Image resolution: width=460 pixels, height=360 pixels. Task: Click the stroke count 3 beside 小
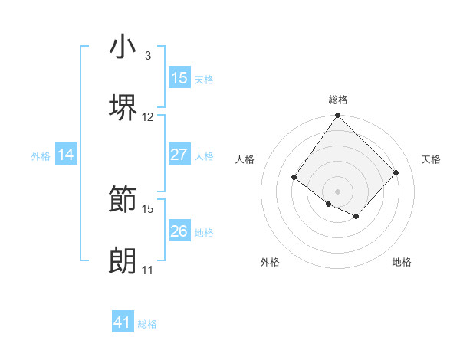pyautogui.click(x=148, y=56)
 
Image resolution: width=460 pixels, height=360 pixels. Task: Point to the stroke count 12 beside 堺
pyautogui.click(x=148, y=117)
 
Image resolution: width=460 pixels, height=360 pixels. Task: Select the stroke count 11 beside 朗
pyautogui.click(x=148, y=270)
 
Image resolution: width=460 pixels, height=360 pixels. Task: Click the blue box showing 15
pyautogui.click(x=179, y=78)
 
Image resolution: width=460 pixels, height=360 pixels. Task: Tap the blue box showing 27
pyautogui.click(x=179, y=155)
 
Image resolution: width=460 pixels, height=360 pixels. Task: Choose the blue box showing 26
pyautogui.click(x=179, y=231)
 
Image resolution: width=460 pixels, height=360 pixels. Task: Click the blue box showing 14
pyautogui.click(x=66, y=155)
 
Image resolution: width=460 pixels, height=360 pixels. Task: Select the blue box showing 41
pyautogui.click(x=123, y=323)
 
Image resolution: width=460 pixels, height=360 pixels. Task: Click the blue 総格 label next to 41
pyautogui.click(x=147, y=325)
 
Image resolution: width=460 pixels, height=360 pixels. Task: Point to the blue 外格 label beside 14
pyautogui.click(x=41, y=156)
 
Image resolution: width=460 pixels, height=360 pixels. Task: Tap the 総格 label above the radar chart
pyautogui.click(x=338, y=100)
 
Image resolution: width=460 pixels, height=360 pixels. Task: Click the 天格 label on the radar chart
pyautogui.click(x=431, y=159)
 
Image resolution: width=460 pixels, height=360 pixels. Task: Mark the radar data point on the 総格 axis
pyautogui.click(x=338, y=116)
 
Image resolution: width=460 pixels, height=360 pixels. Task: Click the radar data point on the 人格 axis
pyautogui.click(x=294, y=178)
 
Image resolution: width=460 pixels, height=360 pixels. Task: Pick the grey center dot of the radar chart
pyautogui.click(x=338, y=191)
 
